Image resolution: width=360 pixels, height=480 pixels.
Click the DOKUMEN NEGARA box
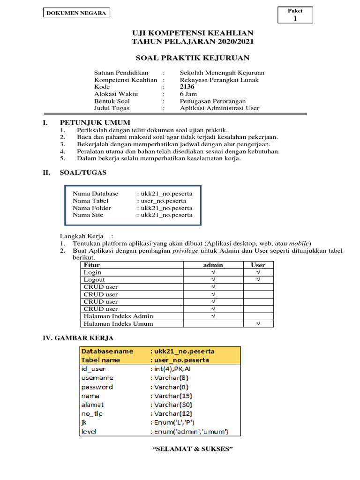click(76, 13)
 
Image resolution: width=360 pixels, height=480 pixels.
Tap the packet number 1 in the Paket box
click(295, 19)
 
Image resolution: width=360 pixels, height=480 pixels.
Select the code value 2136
click(187, 87)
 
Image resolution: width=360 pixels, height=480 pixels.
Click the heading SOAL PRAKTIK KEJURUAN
click(192, 58)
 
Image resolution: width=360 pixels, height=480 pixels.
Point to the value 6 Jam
click(189, 94)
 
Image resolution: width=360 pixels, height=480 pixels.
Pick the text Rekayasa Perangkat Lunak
click(219, 80)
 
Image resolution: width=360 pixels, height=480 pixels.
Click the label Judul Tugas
click(112, 108)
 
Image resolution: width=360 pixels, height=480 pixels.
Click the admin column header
click(213, 265)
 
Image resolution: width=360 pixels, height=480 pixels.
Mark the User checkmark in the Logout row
click(258, 279)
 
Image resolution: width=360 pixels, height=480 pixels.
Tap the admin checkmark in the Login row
click(213, 272)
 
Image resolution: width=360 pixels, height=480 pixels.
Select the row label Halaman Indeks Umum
click(118, 323)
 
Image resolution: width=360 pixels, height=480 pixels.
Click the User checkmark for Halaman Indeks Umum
click(258, 323)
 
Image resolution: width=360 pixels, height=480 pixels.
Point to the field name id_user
click(93, 369)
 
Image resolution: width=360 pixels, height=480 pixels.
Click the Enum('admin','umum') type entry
click(189, 431)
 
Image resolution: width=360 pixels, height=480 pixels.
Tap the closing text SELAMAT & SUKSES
click(193, 449)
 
